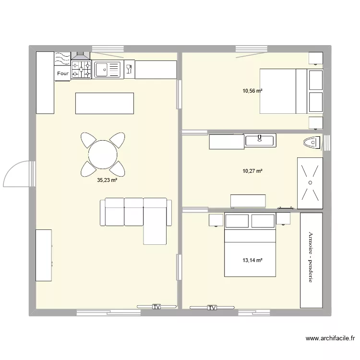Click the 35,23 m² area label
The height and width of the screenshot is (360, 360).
pos(107,181)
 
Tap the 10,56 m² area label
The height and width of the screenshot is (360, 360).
pos(252,90)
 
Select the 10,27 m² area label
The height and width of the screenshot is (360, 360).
pos(252,170)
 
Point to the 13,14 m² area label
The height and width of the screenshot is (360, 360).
pos(252,260)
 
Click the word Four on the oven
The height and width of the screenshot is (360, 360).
pos(63,73)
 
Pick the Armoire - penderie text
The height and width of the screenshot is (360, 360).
pos(311,257)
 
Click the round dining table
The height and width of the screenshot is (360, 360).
pos(103,155)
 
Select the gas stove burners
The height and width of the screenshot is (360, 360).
pos(81,70)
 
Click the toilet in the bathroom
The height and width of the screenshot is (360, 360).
pos(312,143)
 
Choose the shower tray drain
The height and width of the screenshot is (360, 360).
pos(310,183)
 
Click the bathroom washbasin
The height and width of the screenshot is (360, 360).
pos(260,140)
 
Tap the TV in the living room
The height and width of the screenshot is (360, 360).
pos(156,306)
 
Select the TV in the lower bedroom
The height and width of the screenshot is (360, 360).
pos(212,308)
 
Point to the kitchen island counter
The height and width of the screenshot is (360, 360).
pos(104,103)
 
